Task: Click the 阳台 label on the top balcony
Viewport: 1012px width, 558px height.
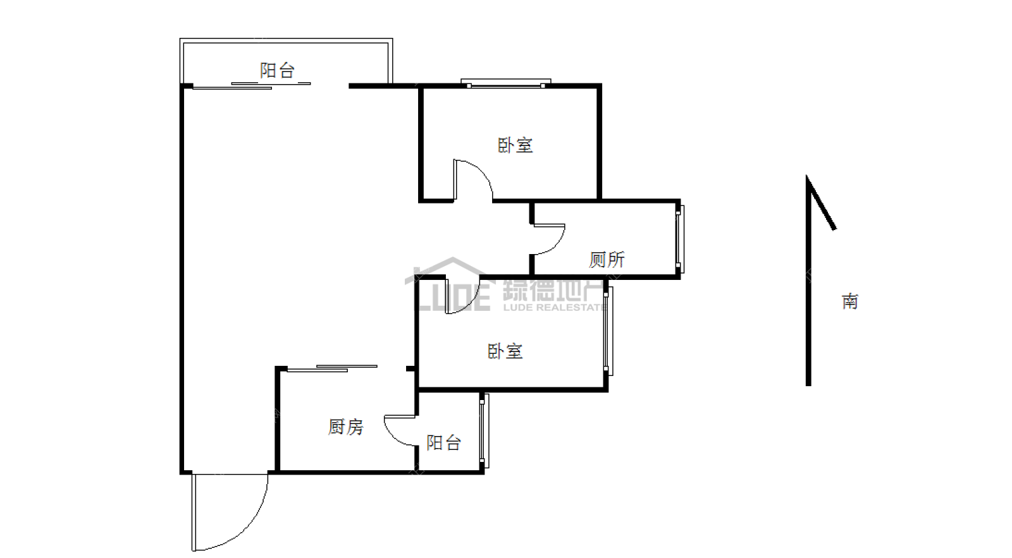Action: (277, 70)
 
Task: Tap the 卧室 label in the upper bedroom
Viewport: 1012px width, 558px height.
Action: (515, 145)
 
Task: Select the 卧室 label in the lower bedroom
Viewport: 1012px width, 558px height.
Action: (505, 351)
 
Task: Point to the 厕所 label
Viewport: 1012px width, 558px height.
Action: (607, 260)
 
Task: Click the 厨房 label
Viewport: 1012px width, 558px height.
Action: (345, 427)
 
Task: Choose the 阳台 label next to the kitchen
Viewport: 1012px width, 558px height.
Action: (443, 443)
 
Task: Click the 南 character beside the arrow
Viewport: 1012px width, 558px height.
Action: (850, 301)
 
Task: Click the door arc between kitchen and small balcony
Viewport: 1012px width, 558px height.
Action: (392, 435)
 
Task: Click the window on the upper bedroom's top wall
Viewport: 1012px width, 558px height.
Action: (505, 83)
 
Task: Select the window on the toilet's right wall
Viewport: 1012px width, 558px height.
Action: (680, 240)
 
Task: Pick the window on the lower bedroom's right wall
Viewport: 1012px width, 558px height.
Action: (608, 331)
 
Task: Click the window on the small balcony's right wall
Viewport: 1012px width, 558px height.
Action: (484, 431)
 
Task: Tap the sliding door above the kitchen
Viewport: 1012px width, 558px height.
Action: (332, 368)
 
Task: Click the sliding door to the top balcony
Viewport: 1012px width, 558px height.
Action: (252, 86)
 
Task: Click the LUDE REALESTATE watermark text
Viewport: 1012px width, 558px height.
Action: (554, 308)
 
